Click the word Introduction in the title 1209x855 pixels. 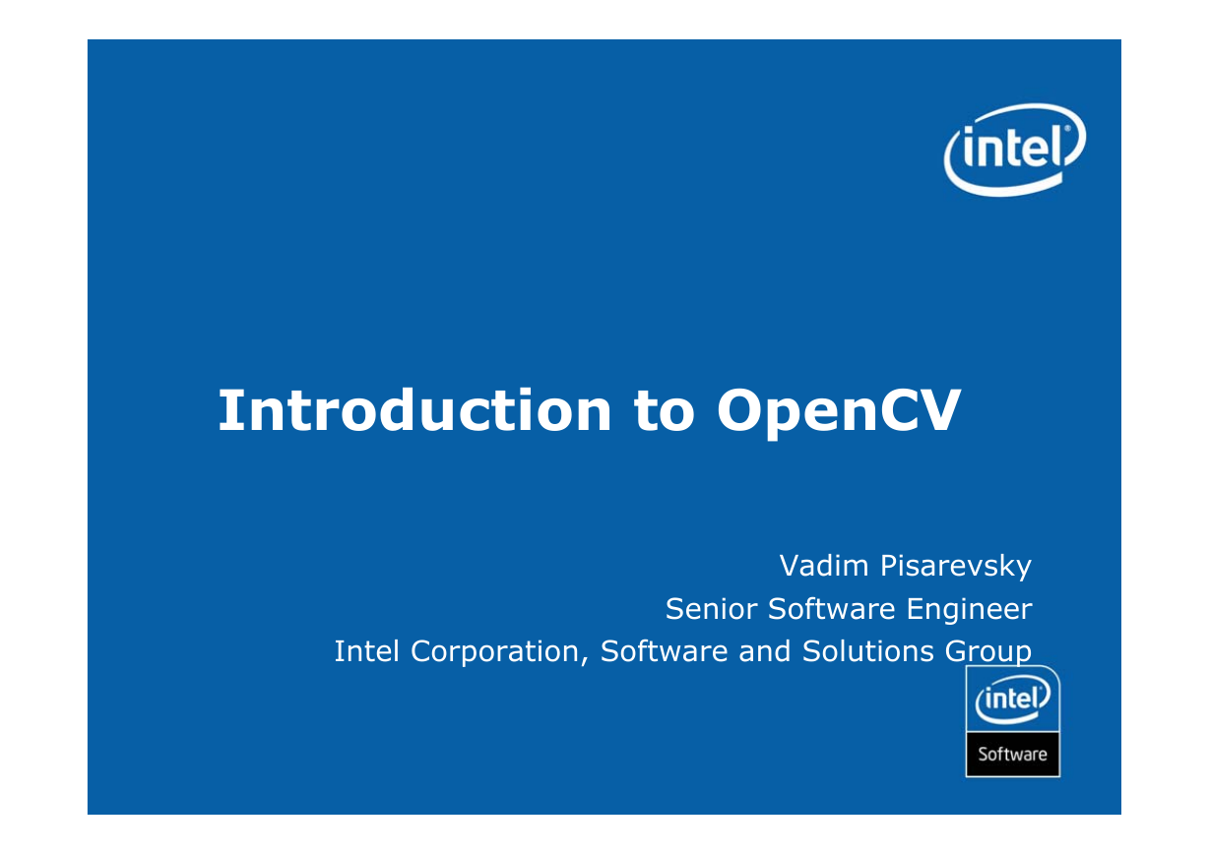pyautogui.click(x=414, y=410)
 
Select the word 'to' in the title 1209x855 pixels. pyautogui.click(x=664, y=412)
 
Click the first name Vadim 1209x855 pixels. pyautogui.click(x=824, y=566)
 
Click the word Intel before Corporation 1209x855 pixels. pyautogui.click(x=366, y=651)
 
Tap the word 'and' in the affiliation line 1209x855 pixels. pyautogui.click(x=764, y=651)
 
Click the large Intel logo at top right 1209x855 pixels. pyautogui.click(x=1015, y=150)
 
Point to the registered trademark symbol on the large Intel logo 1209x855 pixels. pyautogui.click(x=1067, y=129)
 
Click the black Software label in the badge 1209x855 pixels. pyautogui.click(x=1012, y=754)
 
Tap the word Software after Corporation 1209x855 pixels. pyautogui.click(x=664, y=651)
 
